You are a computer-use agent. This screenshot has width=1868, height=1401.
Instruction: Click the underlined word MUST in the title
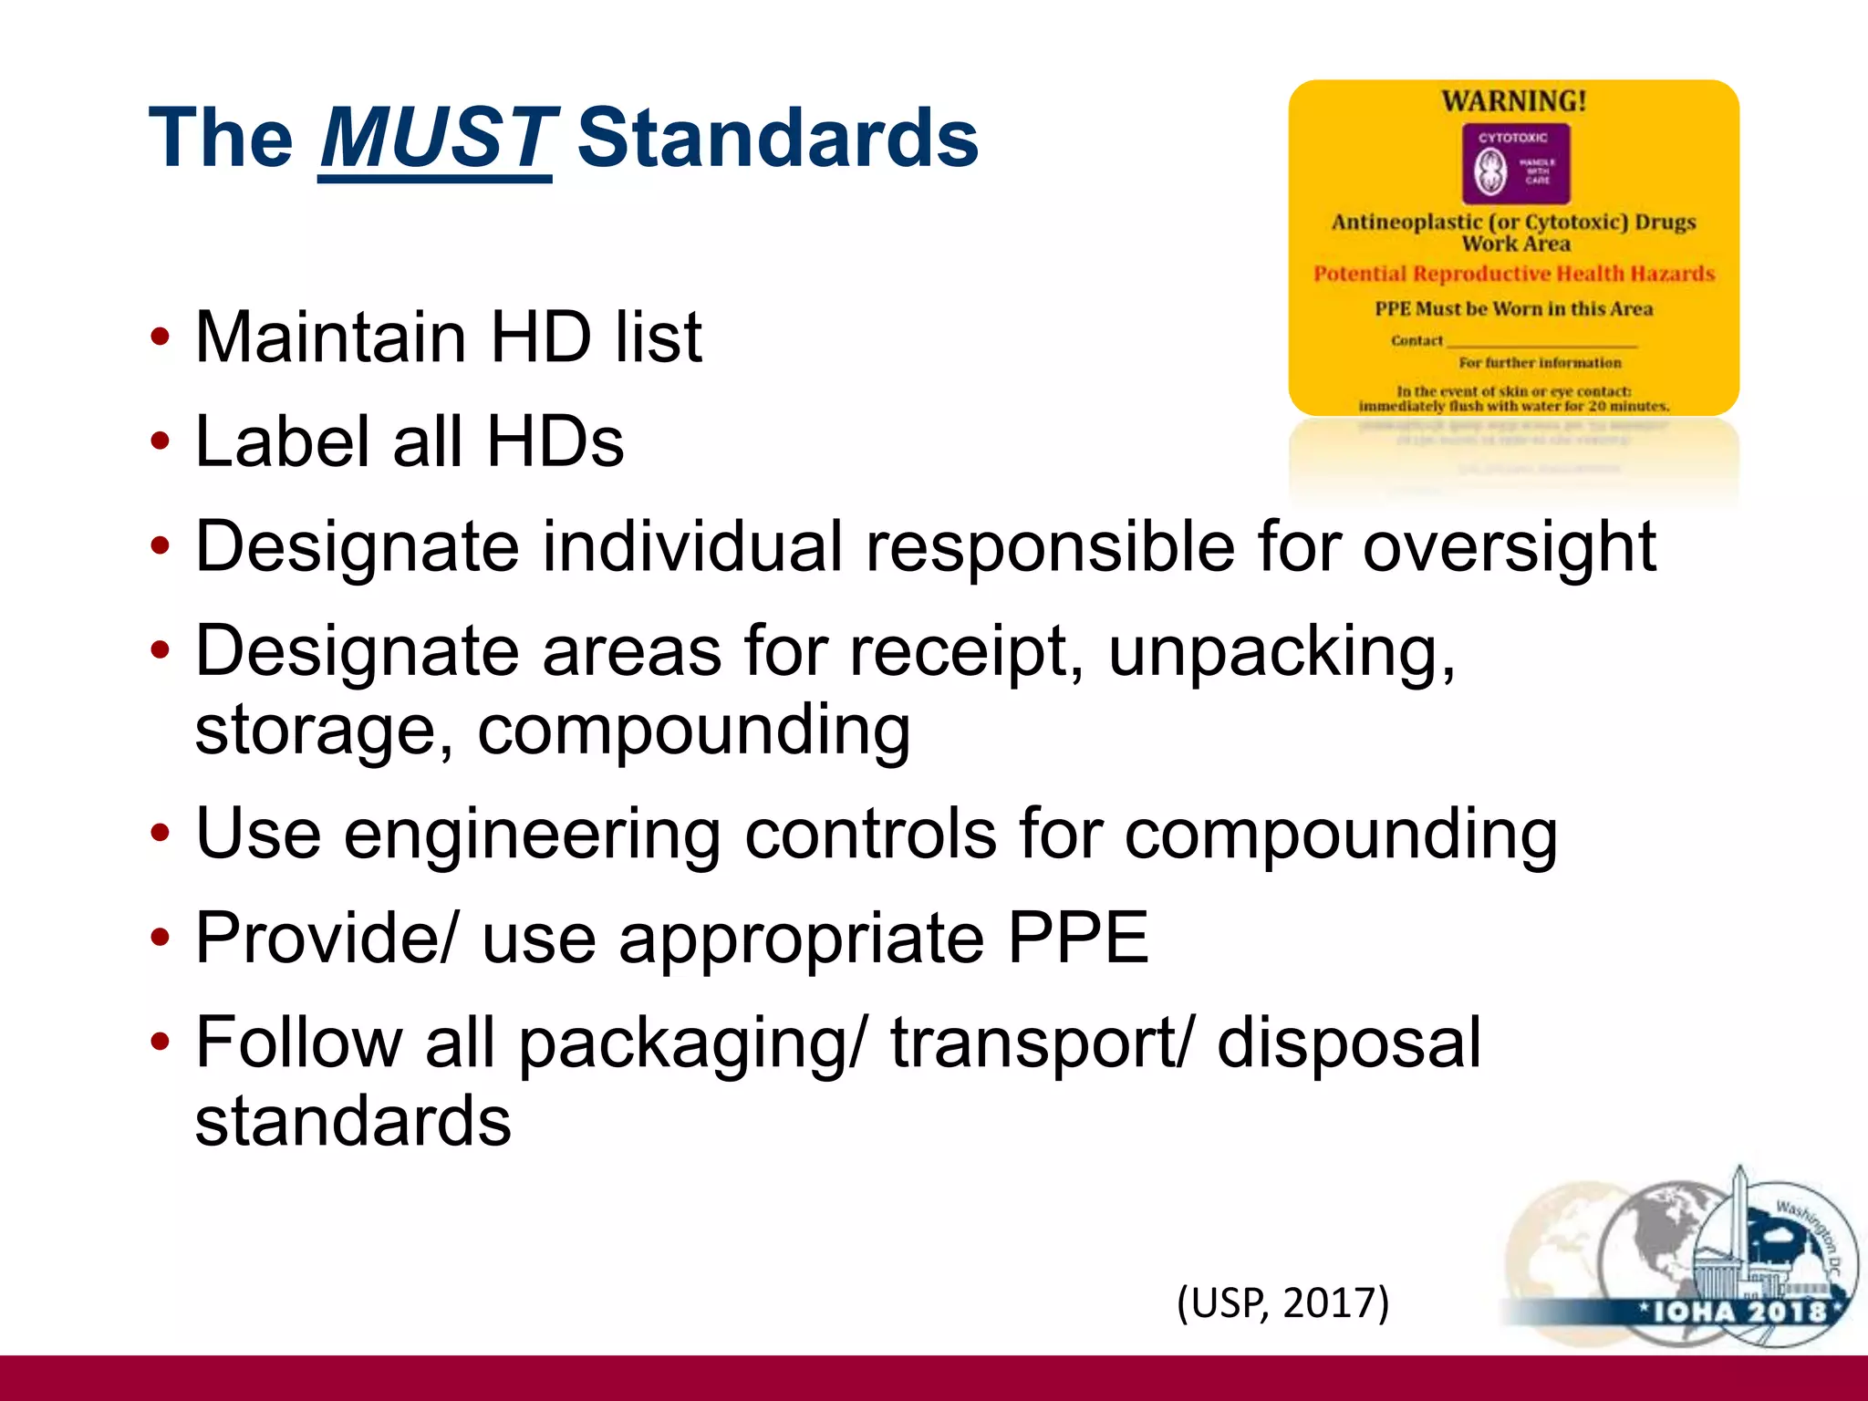coord(436,139)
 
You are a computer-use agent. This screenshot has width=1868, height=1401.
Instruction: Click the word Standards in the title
coord(777,139)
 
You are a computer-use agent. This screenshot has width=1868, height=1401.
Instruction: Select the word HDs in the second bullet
coord(555,442)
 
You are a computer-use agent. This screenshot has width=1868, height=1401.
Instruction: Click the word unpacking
coord(1282,653)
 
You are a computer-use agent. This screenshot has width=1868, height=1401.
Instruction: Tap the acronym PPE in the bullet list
coord(1077,939)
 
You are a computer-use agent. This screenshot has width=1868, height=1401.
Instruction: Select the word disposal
coord(1349,1043)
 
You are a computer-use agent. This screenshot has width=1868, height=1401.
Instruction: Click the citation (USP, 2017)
coord(1282,1302)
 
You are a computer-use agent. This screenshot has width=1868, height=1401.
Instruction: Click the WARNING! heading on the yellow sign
coord(1513,101)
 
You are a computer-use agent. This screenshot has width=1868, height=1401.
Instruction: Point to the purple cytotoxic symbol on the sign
coord(1515,165)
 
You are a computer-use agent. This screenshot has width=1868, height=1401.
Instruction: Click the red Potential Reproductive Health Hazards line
coord(1513,275)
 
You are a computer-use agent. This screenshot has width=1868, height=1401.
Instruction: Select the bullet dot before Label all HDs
coord(161,442)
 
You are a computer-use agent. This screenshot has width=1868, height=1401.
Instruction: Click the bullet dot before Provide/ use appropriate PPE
coord(161,939)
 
